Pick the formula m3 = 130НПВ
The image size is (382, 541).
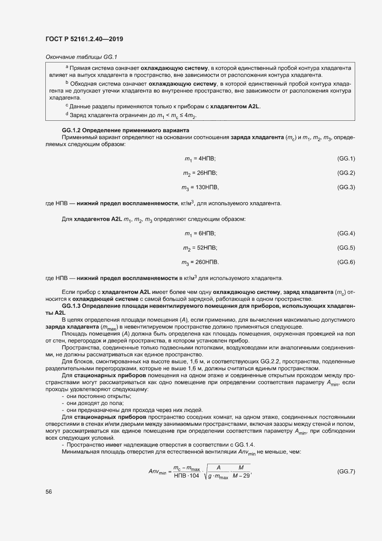[199, 187]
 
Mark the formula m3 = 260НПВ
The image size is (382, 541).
[199, 262]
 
